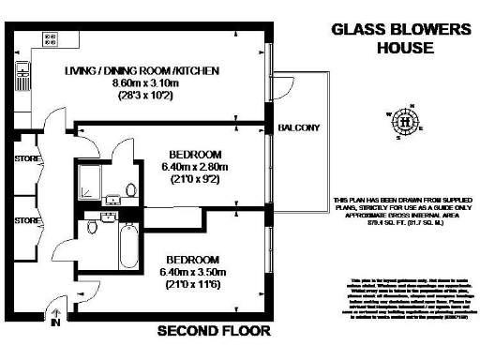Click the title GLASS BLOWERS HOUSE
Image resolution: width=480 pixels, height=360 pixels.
pos(400,37)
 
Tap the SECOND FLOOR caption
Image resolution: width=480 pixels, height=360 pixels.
pos(214,331)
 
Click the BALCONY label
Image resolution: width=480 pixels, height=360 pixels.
pos(299,127)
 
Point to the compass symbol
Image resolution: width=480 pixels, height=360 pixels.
pos(405,121)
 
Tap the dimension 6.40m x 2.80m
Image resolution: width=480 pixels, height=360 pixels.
pos(194,168)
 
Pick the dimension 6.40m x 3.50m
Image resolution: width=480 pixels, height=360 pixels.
pos(192,272)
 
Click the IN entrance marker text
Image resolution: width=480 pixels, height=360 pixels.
pos(55,324)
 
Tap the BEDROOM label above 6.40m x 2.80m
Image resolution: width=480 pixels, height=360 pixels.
pos(194,154)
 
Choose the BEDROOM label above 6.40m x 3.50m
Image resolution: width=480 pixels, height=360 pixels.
pos(192,259)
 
